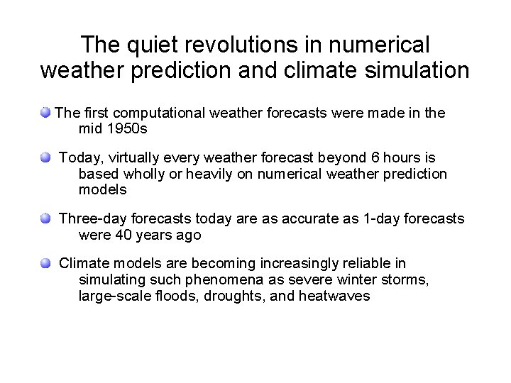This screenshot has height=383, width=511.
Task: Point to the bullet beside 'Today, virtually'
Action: click(x=45, y=157)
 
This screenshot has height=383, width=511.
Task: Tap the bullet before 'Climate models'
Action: click(x=45, y=264)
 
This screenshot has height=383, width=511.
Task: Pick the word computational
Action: click(x=163, y=112)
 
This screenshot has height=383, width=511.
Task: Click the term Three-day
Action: click(x=90, y=218)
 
